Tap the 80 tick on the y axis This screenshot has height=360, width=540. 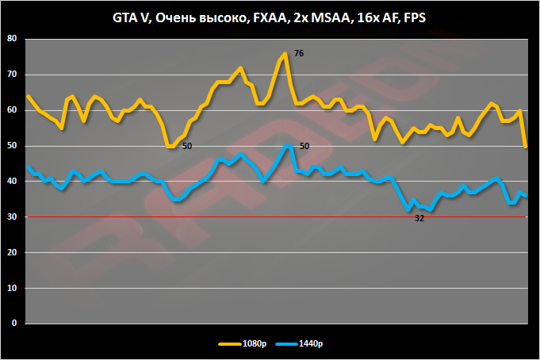10,39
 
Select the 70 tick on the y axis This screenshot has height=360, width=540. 10,75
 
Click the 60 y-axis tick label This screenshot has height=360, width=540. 10,110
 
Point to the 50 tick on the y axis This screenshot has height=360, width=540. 10,146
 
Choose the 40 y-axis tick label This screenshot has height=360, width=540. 10,182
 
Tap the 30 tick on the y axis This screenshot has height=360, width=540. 10,217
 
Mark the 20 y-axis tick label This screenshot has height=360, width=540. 10,253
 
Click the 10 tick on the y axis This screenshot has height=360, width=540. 10,289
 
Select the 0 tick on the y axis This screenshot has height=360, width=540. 13,324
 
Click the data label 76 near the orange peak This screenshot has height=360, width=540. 299,53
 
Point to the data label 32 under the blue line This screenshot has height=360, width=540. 420,218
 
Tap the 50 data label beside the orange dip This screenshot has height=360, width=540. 186,147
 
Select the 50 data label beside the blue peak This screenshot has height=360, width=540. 304,146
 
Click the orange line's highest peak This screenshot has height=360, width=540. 285,53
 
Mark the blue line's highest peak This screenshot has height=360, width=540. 286,146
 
